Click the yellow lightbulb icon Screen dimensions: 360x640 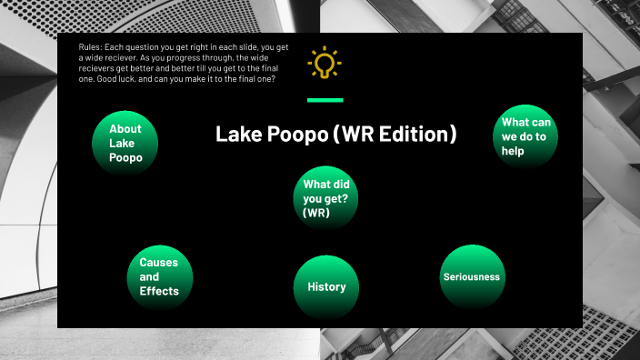(324, 64)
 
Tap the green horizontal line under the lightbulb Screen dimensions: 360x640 (325, 100)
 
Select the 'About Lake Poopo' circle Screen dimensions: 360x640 (126, 144)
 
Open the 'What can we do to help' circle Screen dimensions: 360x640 (525, 136)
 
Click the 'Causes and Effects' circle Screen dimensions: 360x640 (159, 276)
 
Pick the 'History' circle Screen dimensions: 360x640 (326, 287)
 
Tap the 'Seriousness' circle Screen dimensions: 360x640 (471, 276)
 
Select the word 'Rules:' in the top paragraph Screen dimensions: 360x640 (93, 47)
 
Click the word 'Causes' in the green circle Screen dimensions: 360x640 (159, 262)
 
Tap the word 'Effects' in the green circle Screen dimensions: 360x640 (159, 291)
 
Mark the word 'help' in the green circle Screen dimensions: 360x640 (513, 151)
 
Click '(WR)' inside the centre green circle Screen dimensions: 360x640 (316, 214)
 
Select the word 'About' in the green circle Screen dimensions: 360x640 (125, 129)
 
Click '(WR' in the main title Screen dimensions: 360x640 (352, 135)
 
